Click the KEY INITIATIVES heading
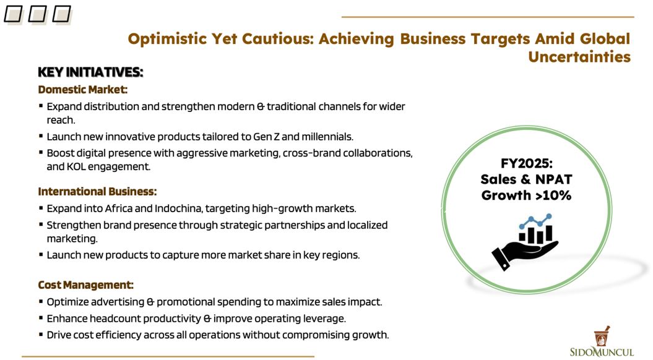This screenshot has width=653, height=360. pos(90,72)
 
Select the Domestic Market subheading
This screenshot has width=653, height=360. pos(82,90)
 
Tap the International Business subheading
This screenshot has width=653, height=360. pos(97,192)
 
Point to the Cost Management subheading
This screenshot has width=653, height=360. pos(85,285)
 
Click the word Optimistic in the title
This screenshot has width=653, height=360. pos(167,39)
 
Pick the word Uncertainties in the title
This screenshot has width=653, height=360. pos(579,57)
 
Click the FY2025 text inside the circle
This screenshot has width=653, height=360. pos(526,163)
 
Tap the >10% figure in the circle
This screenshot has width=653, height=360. pos(553,195)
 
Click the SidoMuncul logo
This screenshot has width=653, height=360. pos(602,341)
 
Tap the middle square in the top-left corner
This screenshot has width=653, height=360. pos(38,14)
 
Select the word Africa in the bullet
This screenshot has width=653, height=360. pos(119,208)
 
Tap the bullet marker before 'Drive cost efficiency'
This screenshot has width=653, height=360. pos(41,334)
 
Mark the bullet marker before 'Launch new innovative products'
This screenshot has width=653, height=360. pos(41,136)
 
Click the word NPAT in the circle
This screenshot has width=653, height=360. pos(553,179)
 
